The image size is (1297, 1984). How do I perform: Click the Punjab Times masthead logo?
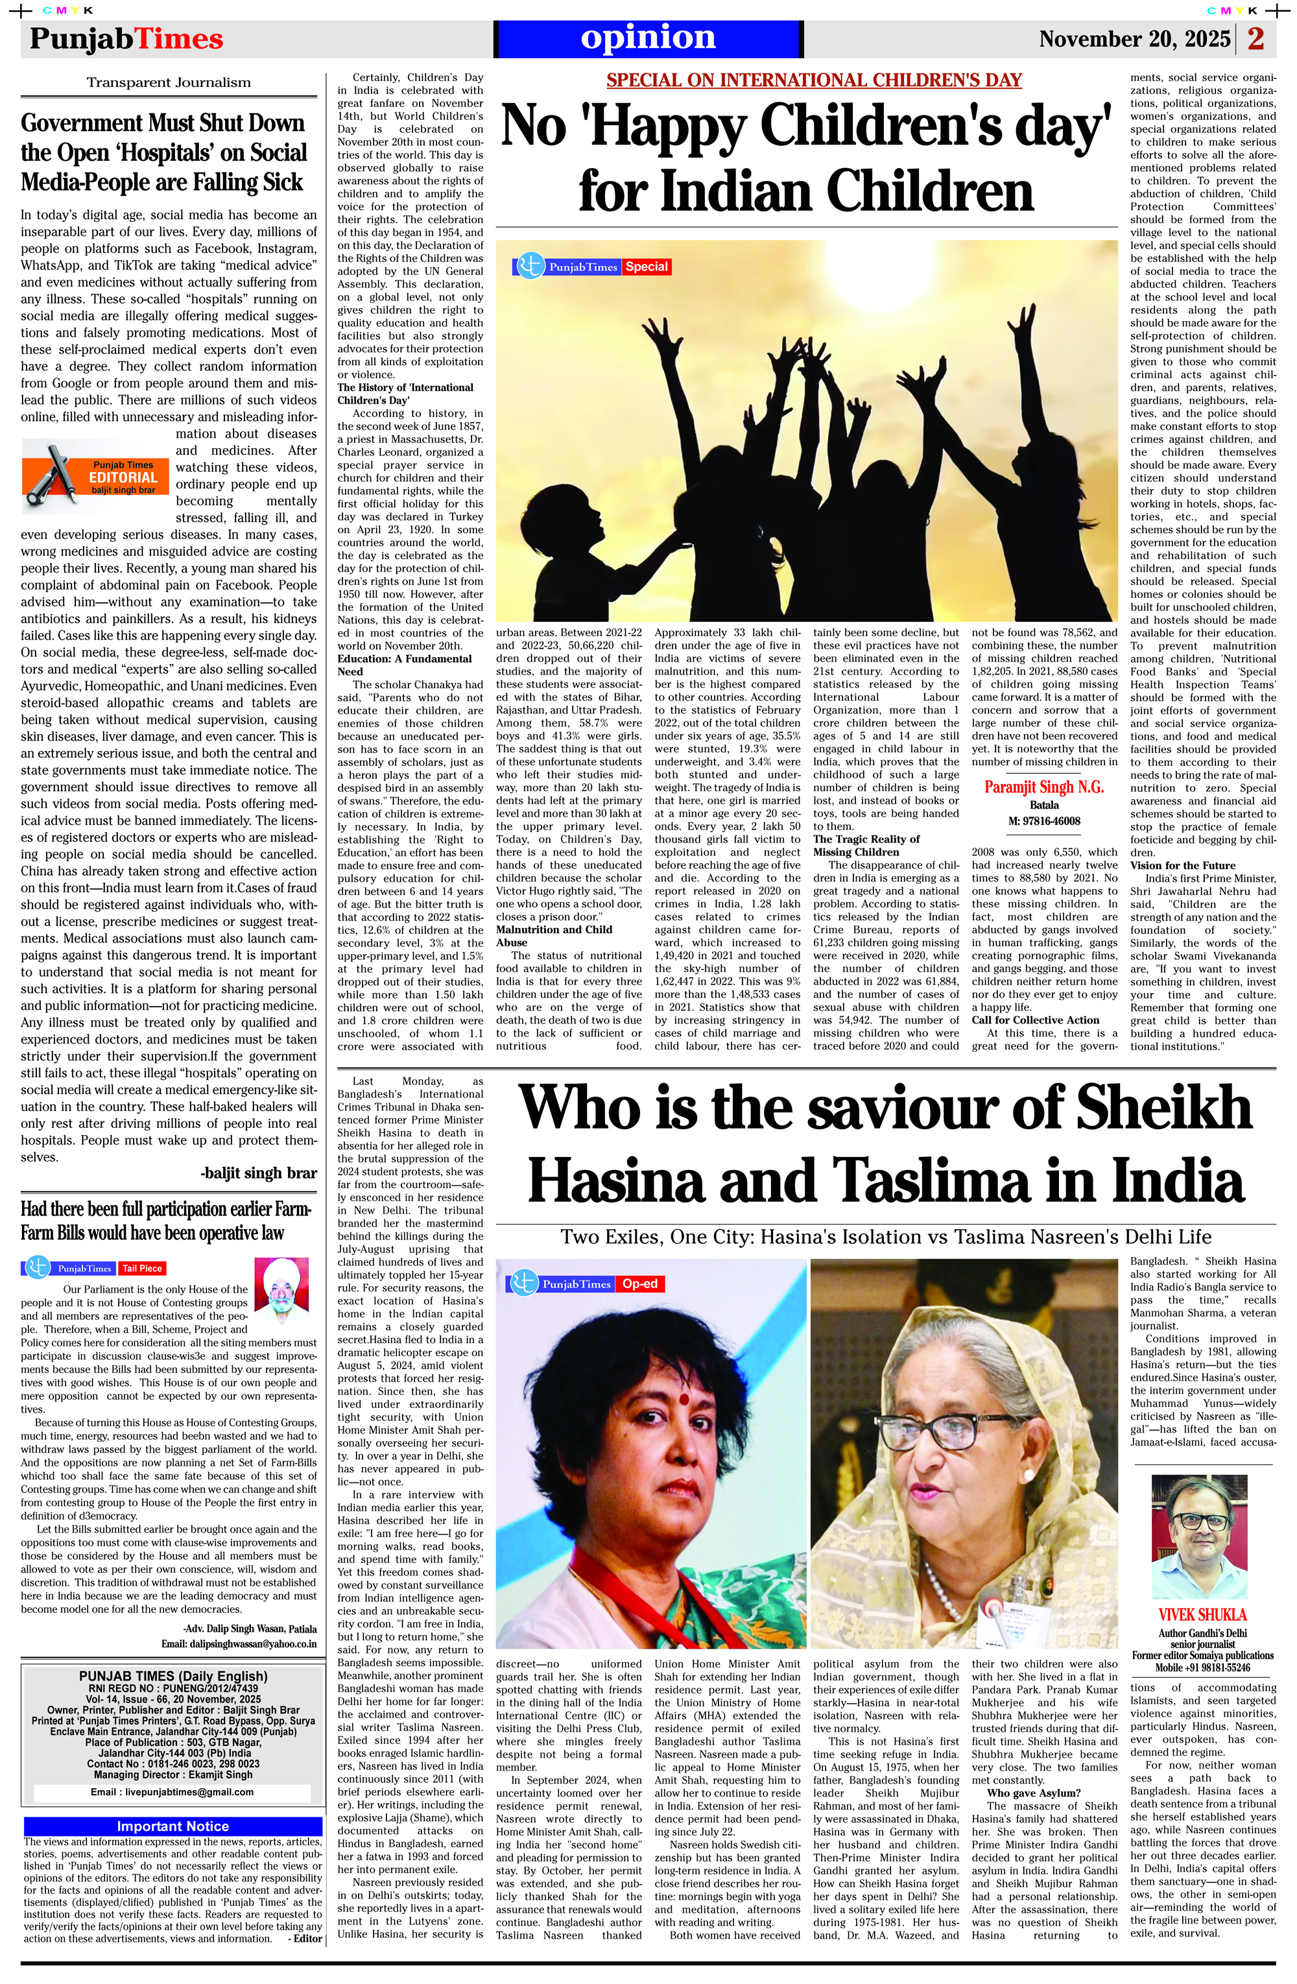pyautogui.click(x=126, y=39)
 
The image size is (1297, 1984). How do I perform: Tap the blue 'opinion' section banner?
pyautogui.click(x=648, y=38)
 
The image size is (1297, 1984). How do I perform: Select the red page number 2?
pyautogui.click(x=1255, y=39)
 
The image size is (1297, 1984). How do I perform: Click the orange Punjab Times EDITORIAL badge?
pyautogui.click(x=96, y=476)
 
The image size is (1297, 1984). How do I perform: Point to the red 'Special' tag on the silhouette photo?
pyautogui.click(x=647, y=267)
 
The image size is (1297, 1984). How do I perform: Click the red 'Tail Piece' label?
pyautogui.click(x=142, y=1269)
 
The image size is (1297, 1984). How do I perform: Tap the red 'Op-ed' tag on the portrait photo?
pyautogui.click(x=639, y=1284)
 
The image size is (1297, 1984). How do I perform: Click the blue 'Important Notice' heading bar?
pyautogui.click(x=173, y=1826)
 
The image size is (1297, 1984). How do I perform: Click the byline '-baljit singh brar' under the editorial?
pyautogui.click(x=258, y=1173)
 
